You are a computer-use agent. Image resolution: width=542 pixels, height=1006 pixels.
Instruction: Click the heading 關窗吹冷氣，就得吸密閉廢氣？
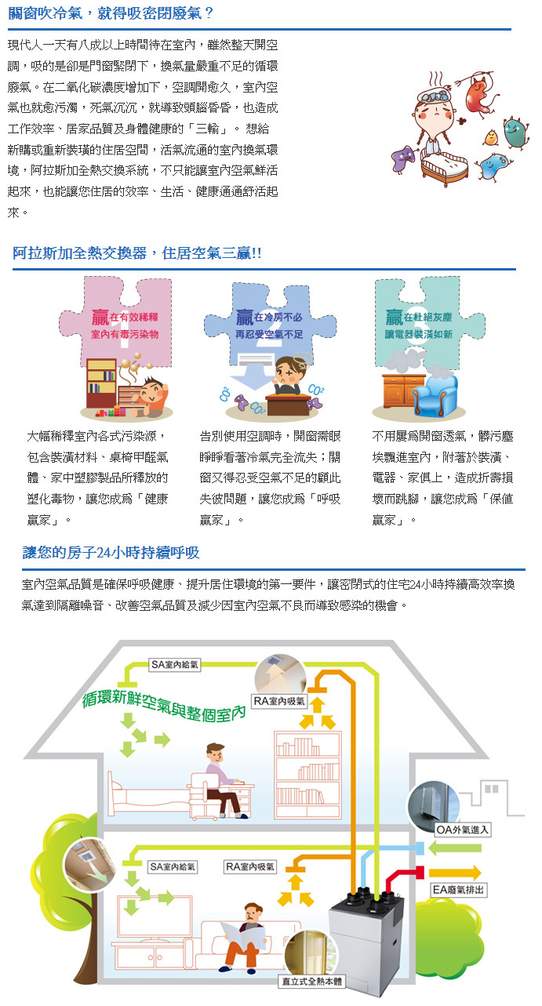[x=110, y=13]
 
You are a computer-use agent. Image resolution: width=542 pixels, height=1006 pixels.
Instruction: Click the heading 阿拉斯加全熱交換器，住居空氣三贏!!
[x=136, y=253]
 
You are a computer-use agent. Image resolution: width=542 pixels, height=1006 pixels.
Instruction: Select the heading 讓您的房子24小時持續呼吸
[x=111, y=552]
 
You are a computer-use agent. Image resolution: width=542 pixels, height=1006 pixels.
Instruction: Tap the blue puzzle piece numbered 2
[x=270, y=322]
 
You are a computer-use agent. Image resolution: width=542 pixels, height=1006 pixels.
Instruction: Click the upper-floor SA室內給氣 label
[x=175, y=665]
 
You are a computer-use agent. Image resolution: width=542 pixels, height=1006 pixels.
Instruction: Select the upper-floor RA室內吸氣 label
[x=279, y=701]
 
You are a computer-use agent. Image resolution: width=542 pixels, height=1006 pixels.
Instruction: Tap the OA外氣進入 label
[x=463, y=830]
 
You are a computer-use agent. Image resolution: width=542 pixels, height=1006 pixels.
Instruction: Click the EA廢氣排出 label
[x=458, y=890]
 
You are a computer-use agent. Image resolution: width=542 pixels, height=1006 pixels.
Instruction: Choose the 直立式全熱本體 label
[x=311, y=981]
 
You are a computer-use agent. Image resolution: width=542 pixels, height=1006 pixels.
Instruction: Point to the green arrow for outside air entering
[x=454, y=848]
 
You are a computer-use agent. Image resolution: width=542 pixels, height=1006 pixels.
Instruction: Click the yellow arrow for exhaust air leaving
[x=454, y=873]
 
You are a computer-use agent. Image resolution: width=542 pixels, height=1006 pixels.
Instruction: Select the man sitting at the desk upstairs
[x=224, y=780]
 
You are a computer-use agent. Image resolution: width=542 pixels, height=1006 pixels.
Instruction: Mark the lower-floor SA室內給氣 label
[x=173, y=866]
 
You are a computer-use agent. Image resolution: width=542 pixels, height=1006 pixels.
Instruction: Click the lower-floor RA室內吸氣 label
[x=250, y=866]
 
